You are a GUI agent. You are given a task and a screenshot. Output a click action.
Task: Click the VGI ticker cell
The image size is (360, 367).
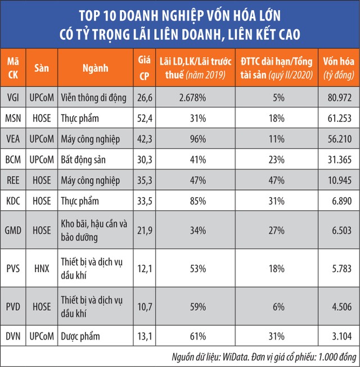tap(13, 96)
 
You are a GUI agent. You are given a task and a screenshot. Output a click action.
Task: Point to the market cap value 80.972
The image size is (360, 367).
tap(336, 96)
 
